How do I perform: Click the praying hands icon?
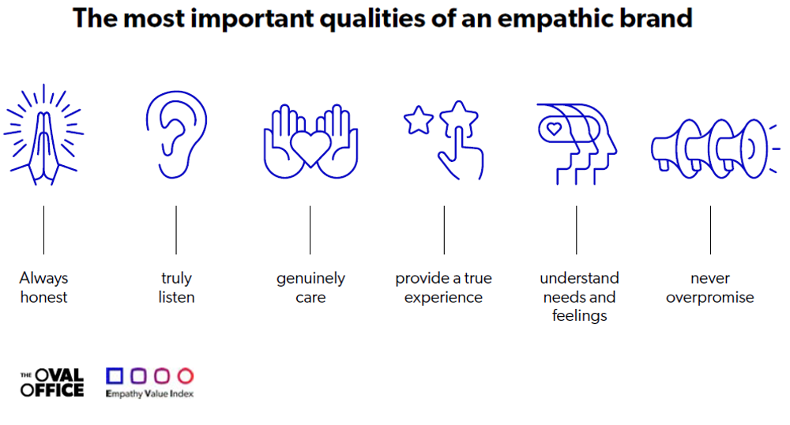43,134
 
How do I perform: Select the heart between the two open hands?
310,147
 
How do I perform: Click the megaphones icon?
708,146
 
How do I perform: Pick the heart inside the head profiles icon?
554,126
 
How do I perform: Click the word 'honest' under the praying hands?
43,298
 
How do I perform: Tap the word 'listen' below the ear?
176,298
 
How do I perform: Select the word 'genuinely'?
310,279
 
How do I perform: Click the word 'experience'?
443,298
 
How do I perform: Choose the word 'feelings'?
579,316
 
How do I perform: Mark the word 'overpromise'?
709,298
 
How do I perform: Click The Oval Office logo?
52,383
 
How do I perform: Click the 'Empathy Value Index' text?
149,393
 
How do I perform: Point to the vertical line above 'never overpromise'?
709,230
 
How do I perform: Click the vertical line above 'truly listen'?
176,230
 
